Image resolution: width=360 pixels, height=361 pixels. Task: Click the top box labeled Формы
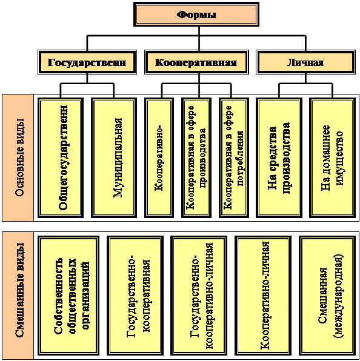pyautogui.click(x=196, y=15)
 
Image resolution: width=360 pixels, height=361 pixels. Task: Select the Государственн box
pyautogui.click(x=87, y=62)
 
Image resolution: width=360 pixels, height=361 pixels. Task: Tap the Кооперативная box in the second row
pyautogui.click(x=196, y=62)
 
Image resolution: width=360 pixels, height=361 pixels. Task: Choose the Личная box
pyautogui.click(x=305, y=62)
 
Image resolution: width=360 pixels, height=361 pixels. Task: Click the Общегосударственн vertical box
pyautogui.click(x=61, y=157)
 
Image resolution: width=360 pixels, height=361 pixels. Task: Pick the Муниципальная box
pyautogui.click(x=114, y=157)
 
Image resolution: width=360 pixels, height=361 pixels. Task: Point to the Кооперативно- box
pyautogui.click(x=159, y=157)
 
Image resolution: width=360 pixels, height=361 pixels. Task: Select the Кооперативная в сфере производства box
pyautogui.click(x=196, y=157)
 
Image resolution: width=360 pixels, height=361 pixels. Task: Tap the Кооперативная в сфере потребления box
pyautogui.click(x=234, y=157)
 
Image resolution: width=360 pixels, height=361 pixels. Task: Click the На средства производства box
pyautogui.click(x=279, y=157)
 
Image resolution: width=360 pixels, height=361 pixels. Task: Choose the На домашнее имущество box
pyautogui.click(x=332, y=157)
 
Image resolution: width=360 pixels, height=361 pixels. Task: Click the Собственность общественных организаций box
pyautogui.click(x=68, y=296)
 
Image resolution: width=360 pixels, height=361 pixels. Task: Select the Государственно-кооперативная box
pyautogui.click(x=135, y=296)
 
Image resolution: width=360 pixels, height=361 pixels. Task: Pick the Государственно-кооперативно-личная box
pyautogui.click(x=199, y=296)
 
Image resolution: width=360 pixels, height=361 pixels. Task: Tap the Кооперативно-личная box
pyautogui.click(x=263, y=296)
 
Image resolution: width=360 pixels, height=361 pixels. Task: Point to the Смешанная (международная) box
pyautogui.click(x=327, y=296)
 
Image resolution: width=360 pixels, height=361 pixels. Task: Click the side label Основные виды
pyautogui.click(x=19, y=157)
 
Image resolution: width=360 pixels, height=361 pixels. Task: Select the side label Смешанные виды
pyautogui.click(x=19, y=290)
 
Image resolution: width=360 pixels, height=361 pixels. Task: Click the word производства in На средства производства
pyautogui.click(x=285, y=158)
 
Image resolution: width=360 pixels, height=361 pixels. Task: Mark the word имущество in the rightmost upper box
pyautogui.click(x=339, y=158)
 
